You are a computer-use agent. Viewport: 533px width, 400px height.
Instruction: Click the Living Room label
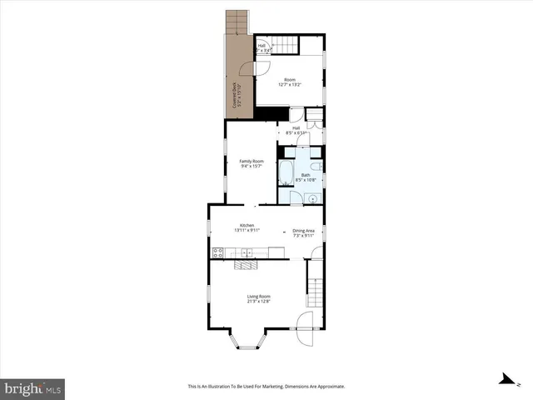(258, 296)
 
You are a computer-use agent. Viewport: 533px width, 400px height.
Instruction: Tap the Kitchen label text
(247, 225)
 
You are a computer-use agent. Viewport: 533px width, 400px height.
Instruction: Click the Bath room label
(306, 174)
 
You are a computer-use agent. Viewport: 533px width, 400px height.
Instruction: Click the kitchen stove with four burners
(217, 253)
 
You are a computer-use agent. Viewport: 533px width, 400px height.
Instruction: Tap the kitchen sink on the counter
(247, 252)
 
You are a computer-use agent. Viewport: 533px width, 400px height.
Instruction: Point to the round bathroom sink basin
(310, 197)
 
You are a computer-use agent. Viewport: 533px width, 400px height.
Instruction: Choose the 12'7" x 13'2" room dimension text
(289, 84)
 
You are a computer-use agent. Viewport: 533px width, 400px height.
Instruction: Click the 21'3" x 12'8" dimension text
(258, 302)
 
